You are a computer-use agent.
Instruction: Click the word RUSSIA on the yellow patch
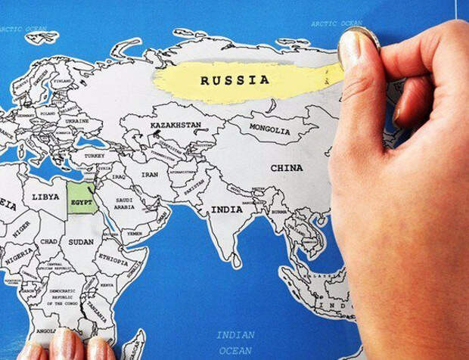[x=234, y=79]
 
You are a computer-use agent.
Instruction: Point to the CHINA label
[x=286, y=168]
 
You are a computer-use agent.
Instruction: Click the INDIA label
[x=226, y=209]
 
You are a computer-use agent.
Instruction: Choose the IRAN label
[x=150, y=174]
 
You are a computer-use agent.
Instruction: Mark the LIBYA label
[x=45, y=197]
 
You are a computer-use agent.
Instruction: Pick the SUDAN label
[x=80, y=242]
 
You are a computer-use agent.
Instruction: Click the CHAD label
[x=48, y=241]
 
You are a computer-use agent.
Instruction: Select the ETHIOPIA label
[x=113, y=258]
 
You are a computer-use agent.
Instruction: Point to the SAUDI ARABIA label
[x=124, y=203]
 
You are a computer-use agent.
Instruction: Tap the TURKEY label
[x=95, y=155]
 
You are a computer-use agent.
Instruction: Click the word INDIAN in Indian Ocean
[x=234, y=334]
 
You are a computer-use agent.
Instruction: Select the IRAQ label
[x=119, y=176]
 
